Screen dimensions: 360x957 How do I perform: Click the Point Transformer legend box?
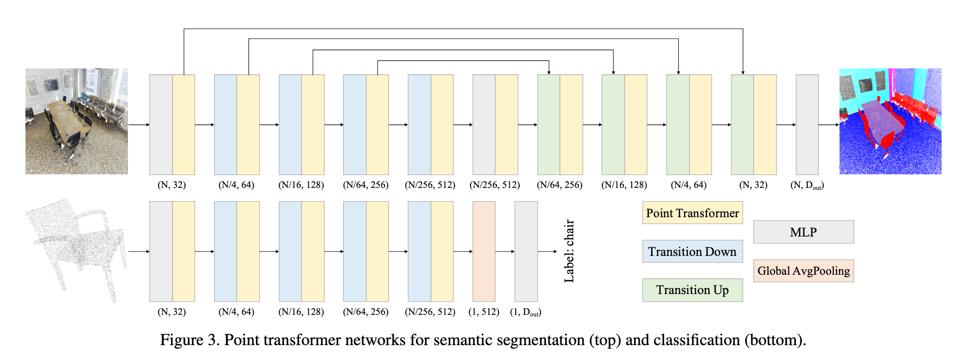692,213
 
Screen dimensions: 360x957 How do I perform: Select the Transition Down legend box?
692,251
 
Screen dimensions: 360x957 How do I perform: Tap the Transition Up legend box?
692,290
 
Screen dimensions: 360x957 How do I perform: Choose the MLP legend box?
803,232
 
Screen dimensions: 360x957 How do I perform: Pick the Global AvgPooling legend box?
803,271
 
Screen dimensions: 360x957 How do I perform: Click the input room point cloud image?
76,121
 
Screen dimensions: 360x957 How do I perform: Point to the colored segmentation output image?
890,121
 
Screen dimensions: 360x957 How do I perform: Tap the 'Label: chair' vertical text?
569,251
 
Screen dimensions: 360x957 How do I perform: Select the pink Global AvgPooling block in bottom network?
483,251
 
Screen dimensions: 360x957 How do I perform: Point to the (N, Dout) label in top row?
807,185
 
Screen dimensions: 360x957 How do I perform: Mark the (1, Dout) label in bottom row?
526,312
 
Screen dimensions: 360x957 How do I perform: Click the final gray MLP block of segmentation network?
807,124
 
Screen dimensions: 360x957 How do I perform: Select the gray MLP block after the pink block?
526,251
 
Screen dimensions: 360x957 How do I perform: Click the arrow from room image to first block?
139,124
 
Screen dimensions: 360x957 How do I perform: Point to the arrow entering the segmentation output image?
829,124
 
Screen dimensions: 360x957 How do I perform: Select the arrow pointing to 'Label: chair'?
547,251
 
